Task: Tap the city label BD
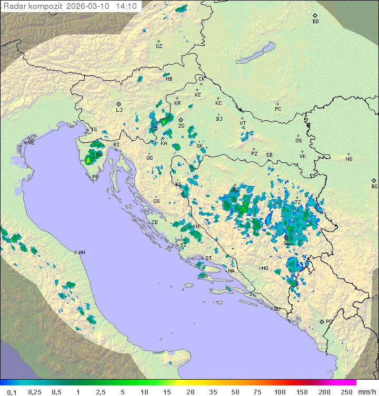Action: click(315, 22)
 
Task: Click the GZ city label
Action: click(159, 46)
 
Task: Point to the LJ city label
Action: click(119, 110)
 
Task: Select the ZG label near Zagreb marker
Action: click(181, 126)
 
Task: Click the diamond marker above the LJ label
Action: click(119, 104)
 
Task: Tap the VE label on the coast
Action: click(31, 143)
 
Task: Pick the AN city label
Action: click(82, 253)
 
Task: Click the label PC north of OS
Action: click(278, 109)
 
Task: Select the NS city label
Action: click(349, 159)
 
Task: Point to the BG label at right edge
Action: click(374, 187)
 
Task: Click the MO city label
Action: click(265, 268)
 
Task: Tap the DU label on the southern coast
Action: click(276, 309)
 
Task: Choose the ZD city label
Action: click(154, 223)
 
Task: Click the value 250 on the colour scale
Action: click(346, 392)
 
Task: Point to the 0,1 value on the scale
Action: click(12, 392)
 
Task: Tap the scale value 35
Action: click(213, 392)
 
